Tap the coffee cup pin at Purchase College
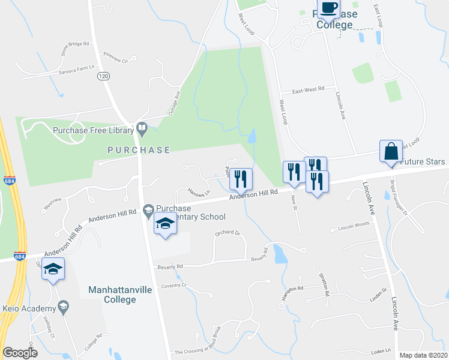pyautogui.click(x=328, y=9)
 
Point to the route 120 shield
pyautogui.click(x=104, y=76)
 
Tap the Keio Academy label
pyautogui.click(x=28, y=308)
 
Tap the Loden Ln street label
pyautogui.click(x=381, y=350)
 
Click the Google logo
pyautogui.click(x=20, y=353)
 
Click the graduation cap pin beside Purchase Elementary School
pyautogui.click(x=165, y=224)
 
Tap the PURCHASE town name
pyautogui.click(x=139, y=150)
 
